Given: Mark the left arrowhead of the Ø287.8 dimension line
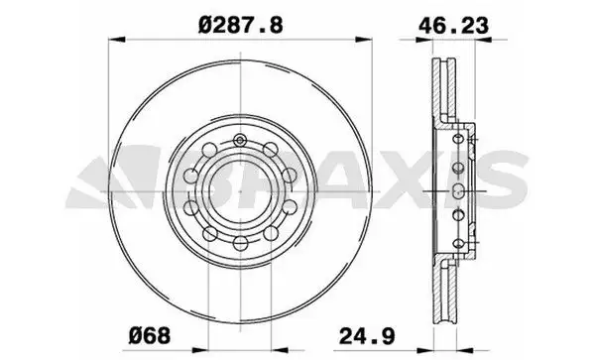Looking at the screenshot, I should [x=112, y=40].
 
